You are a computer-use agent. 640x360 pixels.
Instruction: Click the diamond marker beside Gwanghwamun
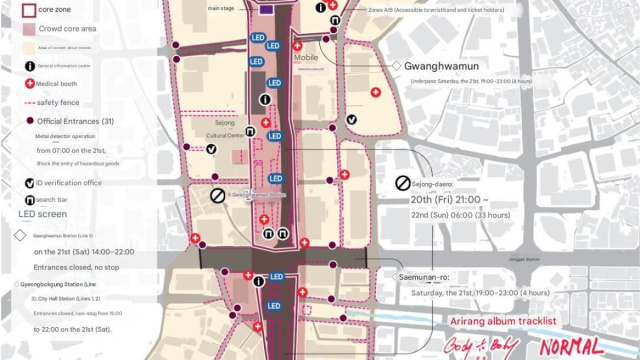(x=397, y=65)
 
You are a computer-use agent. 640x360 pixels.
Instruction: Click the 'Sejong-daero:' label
(x=444, y=183)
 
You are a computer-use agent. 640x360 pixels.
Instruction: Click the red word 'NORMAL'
(x=571, y=346)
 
